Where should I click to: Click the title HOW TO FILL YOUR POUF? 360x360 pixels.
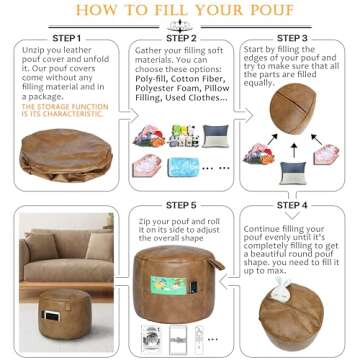180,12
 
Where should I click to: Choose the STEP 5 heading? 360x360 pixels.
180,205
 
